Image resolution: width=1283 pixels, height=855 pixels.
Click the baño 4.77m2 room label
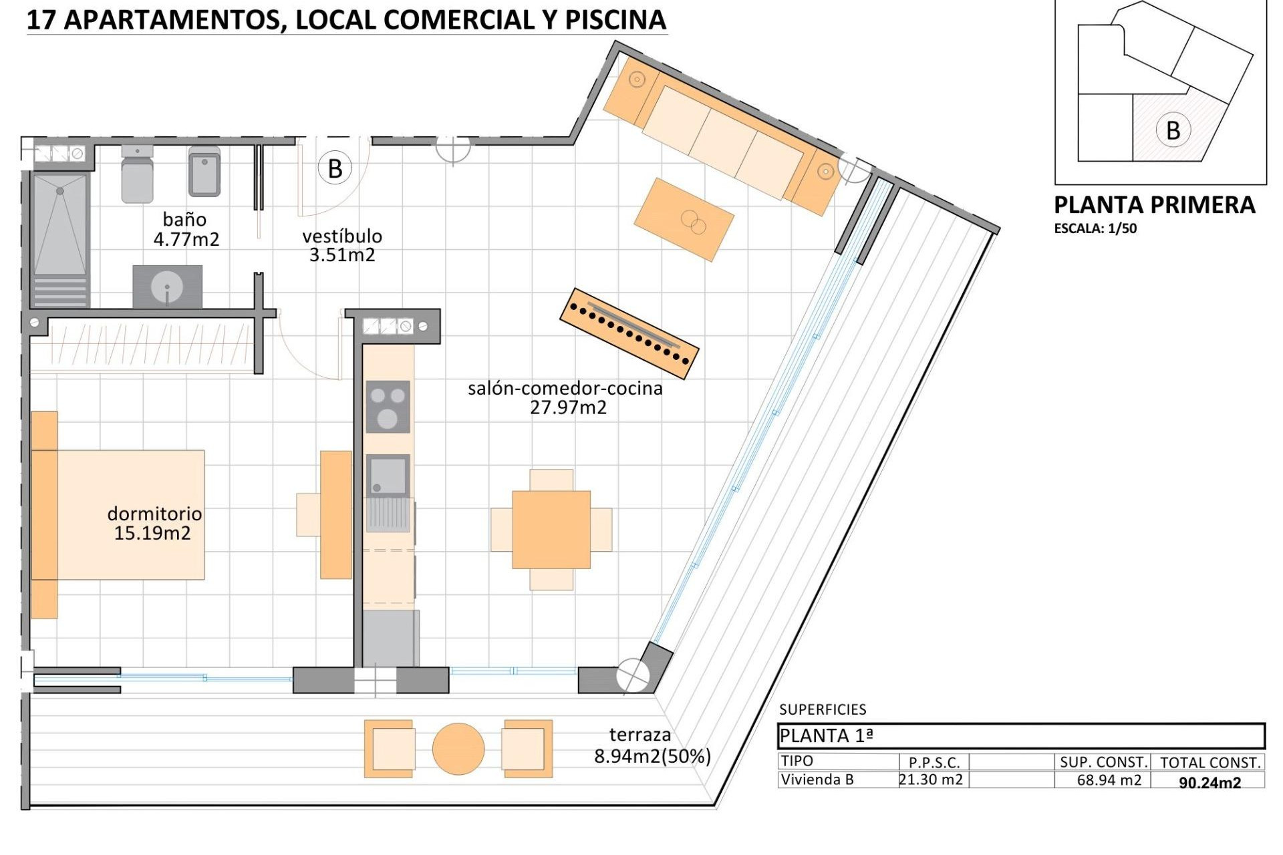(x=186, y=229)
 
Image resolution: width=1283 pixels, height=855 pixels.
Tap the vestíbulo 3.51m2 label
(x=341, y=245)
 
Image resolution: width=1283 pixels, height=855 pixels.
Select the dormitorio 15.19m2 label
(x=154, y=523)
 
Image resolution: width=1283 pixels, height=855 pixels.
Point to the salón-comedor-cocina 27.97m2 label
(x=565, y=397)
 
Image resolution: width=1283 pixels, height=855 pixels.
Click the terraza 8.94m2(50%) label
(x=652, y=745)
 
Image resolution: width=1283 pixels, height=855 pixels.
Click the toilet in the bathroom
(x=137, y=174)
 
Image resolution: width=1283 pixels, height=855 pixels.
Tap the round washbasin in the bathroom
(x=167, y=288)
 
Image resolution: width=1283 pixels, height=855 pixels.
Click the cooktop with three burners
(x=388, y=407)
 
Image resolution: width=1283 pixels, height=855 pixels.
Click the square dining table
(x=551, y=530)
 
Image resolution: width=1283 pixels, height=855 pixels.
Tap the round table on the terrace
(x=458, y=749)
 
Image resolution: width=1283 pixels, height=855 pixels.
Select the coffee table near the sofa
(x=684, y=219)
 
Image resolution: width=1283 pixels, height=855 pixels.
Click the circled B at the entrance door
(x=335, y=169)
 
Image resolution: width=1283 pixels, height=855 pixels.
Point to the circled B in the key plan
(x=1172, y=130)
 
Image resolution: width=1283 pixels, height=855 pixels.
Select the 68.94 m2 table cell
(x=1109, y=780)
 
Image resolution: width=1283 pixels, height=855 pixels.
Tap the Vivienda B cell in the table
(x=817, y=780)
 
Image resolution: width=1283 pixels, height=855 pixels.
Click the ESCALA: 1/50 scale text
(x=1095, y=228)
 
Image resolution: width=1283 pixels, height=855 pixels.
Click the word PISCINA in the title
(x=615, y=20)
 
